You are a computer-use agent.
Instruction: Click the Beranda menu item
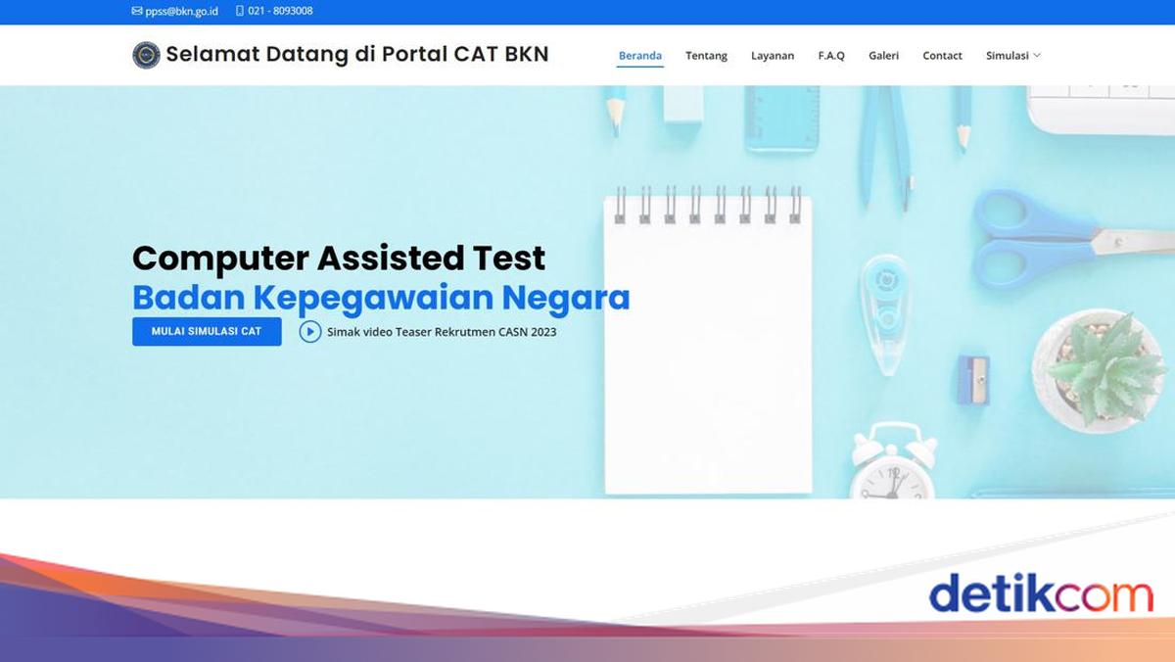[640, 56]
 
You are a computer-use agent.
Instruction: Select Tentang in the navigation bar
[706, 56]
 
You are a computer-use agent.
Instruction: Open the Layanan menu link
[773, 56]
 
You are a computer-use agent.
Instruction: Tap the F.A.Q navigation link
[831, 56]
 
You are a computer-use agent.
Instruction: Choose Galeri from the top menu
[883, 56]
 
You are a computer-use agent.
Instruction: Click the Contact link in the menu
[942, 56]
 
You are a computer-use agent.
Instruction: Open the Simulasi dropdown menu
[1012, 56]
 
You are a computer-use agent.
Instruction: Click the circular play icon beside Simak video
[310, 332]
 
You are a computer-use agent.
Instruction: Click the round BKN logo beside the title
[146, 55]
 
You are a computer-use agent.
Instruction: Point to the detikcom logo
[1041, 593]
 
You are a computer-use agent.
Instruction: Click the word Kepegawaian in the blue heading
[373, 298]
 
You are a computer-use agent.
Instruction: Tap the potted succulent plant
[1099, 370]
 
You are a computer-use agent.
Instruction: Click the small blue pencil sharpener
[973, 380]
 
